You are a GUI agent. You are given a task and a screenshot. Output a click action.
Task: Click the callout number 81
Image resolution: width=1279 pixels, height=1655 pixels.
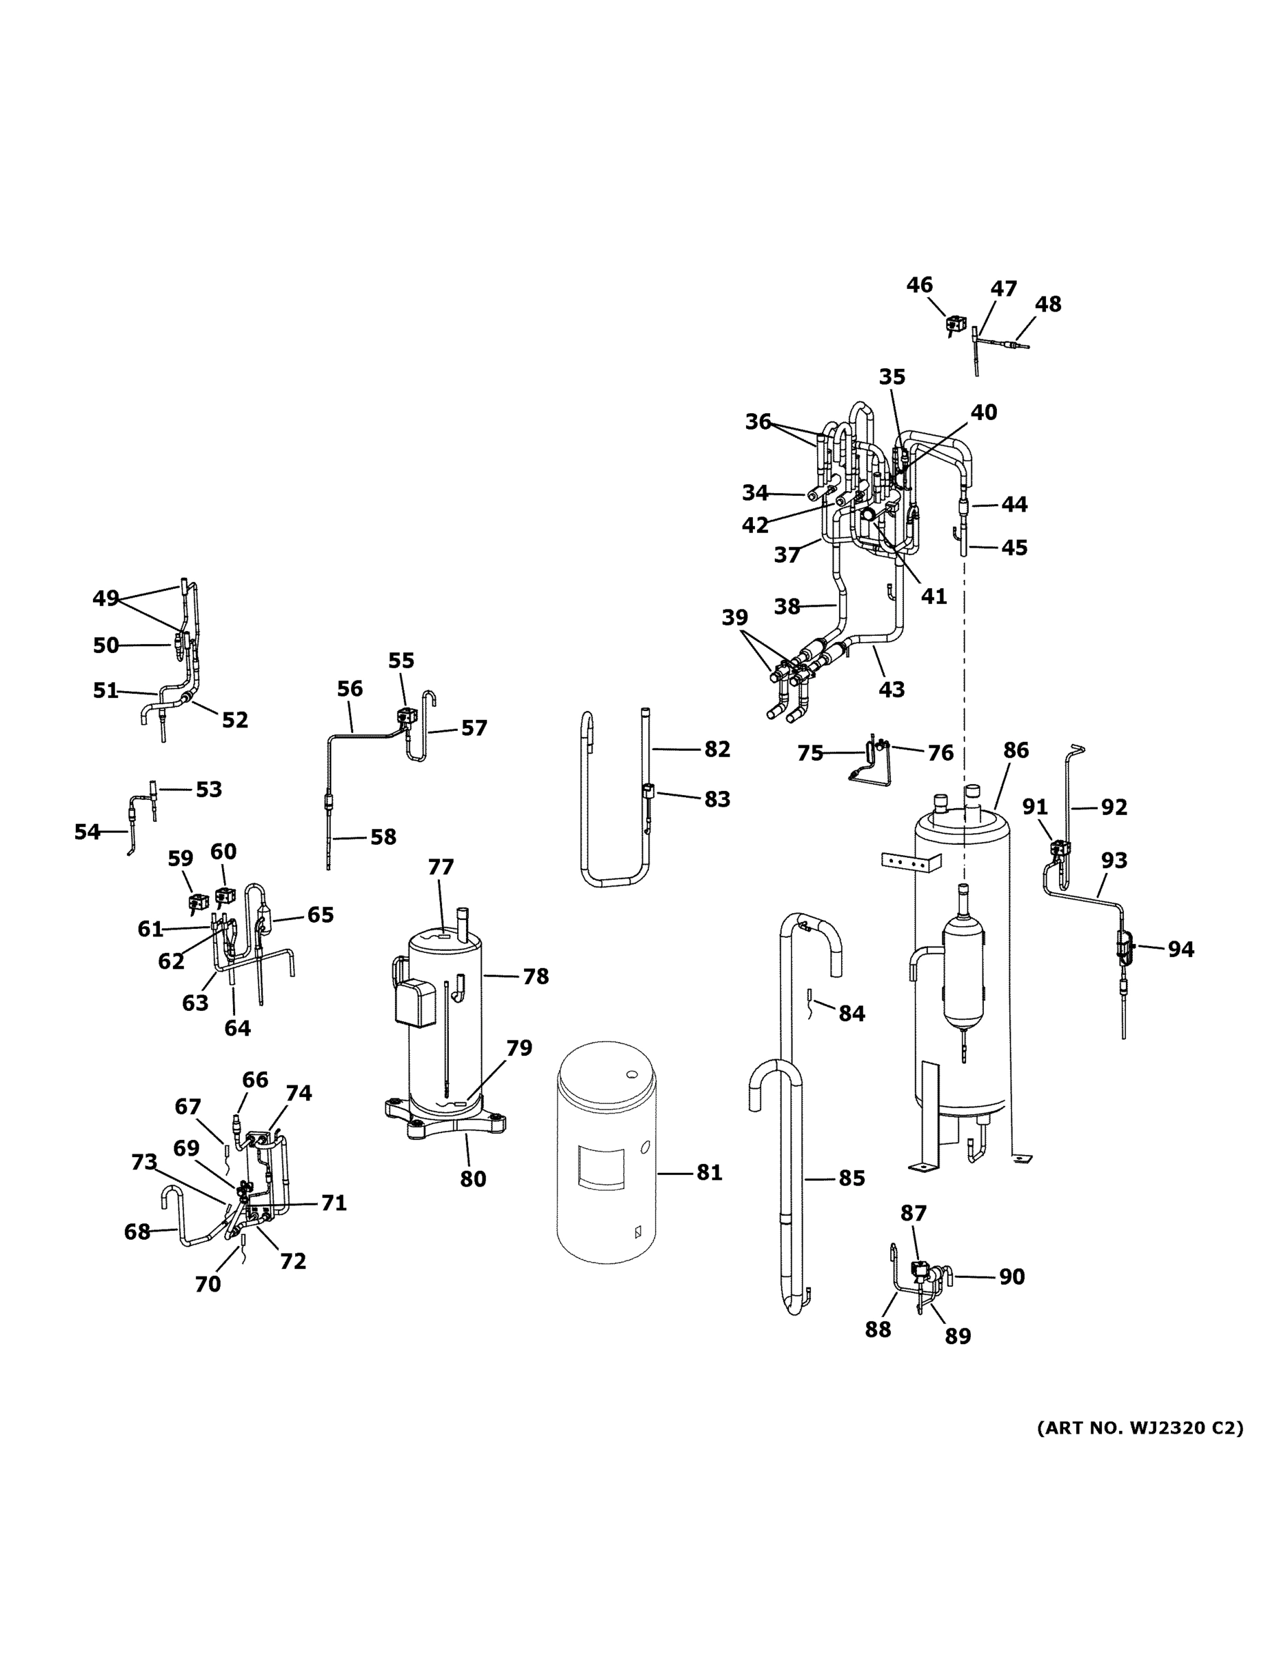click(x=709, y=1172)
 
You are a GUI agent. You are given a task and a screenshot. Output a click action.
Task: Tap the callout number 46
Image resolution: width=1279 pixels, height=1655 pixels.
click(x=919, y=285)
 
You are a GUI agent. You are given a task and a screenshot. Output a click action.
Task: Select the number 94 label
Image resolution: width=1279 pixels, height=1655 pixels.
click(x=1180, y=949)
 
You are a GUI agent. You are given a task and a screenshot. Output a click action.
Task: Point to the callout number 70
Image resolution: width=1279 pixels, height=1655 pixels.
click(x=208, y=1284)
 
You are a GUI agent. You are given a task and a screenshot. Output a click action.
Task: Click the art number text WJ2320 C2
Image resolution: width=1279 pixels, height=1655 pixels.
click(x=1140, y=1428)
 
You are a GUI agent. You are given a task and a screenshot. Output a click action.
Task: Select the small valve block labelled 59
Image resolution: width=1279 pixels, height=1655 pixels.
click(x=199, y=902)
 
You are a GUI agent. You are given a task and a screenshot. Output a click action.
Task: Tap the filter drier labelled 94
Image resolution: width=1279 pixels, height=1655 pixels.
click(x=1124, y=948)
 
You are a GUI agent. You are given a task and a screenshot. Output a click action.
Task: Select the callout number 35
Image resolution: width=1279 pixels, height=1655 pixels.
click(x=892, y=377)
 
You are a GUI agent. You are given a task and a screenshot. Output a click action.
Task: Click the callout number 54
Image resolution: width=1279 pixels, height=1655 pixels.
click(x=87, y=832)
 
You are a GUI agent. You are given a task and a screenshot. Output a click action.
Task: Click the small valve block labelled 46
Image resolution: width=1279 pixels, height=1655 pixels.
click(x=954, y=325)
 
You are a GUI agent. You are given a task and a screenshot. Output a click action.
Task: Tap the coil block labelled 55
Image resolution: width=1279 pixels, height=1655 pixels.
click(x=407, y=714)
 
